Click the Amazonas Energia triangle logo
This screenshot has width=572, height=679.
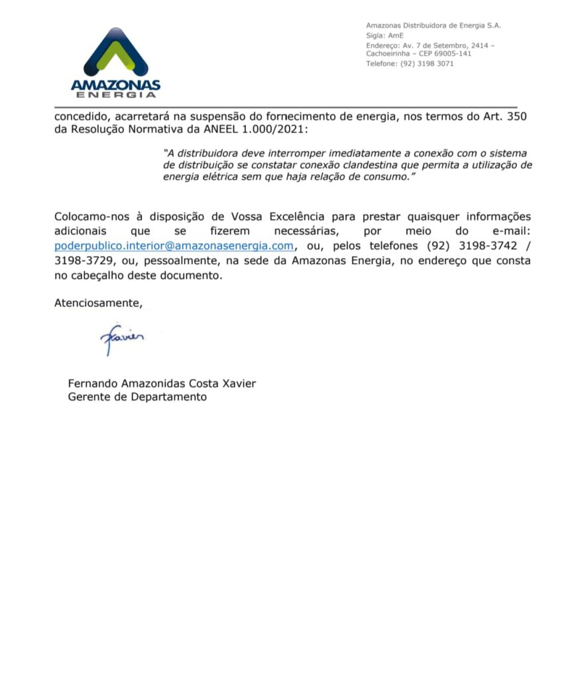tap(115, 52)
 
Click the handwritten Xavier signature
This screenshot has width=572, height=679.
tap(122, 338)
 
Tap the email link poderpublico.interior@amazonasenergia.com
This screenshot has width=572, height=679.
tap(174, 245)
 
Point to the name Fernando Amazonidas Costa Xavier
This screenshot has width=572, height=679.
tap(162, 383)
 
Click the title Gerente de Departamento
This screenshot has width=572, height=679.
tap(137, 397)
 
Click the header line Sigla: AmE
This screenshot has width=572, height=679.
tap(384, 35)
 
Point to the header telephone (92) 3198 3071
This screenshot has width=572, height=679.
tap(410, 64)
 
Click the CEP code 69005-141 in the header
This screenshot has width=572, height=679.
tap(449, 54)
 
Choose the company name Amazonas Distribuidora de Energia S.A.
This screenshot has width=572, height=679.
tap(433, 25)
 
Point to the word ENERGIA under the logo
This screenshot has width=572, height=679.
tap(115, 95)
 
